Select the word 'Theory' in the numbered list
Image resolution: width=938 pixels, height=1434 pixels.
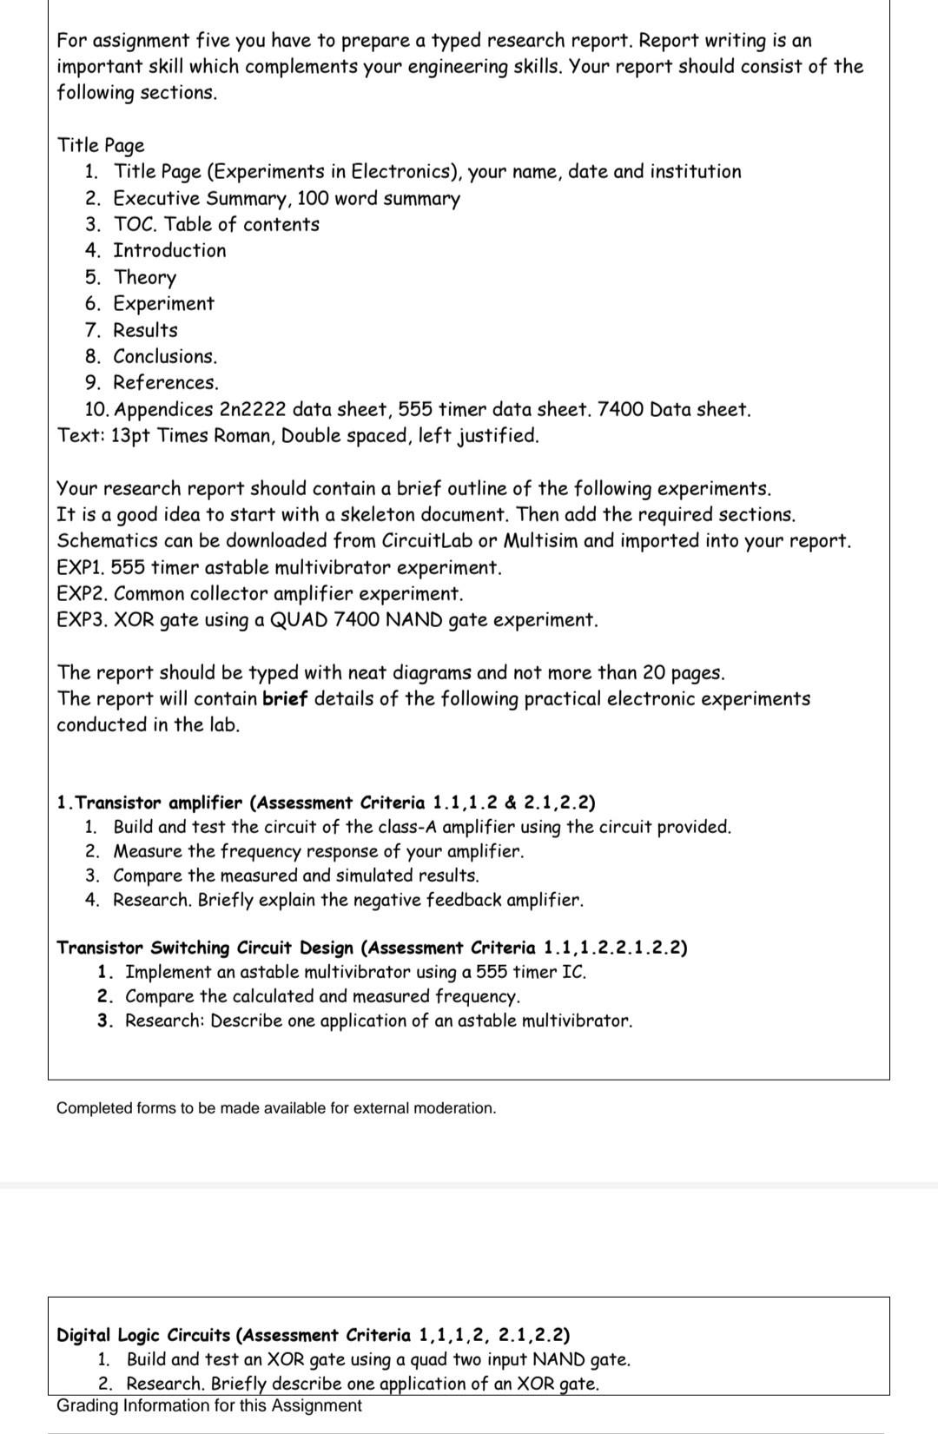pyautogui.click(x=145, y=277)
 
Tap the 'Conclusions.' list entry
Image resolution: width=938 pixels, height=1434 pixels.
pyautogui.click(x=165, y=356)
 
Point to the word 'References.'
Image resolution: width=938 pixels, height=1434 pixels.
pyautogui.click(x=166, y=382)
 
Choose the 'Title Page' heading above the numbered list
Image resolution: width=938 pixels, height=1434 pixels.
pyautogui.click(x=101, y=145)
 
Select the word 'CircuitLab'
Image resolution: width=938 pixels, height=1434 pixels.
pyautogui.click(x=422, y=540)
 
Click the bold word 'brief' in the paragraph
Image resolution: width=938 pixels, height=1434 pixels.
pyautogui.click(x=285, y=699)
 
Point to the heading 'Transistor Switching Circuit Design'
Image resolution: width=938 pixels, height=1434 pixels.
pyautogui.click(x=206, y=948)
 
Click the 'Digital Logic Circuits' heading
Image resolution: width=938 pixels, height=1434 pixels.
pyautogui.click(x=144, y=1335)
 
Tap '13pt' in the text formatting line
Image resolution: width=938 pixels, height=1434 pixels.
pyautogui.click(x=131, y=435)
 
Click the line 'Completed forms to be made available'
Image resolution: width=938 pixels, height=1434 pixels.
pyautogui.click(x=276, y=1108)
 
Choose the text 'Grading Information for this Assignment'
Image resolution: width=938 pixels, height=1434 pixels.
pyautogui.click(x=209, y=1405)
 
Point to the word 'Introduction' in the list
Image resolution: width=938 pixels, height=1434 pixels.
pyautogui.click(x=169, y=251)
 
